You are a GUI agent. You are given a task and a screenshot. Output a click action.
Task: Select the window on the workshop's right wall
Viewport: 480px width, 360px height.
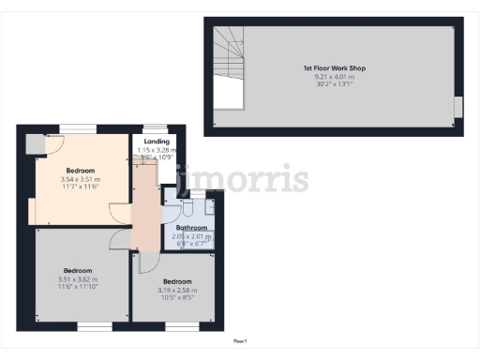[458, 108]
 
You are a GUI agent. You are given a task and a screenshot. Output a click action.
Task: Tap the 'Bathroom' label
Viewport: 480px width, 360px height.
[191, 228]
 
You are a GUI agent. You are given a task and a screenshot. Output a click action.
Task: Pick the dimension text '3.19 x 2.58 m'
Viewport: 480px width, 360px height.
[177, 291]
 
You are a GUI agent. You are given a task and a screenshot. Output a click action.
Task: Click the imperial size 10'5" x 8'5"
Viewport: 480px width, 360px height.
[177, 299]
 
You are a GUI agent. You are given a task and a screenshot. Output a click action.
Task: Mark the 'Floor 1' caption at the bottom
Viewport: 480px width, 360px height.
[240, 340]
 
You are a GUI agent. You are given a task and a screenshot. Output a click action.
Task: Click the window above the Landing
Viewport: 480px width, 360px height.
[156, 128]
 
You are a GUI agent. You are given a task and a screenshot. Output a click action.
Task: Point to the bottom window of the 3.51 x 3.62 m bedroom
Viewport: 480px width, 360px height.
[92, 327]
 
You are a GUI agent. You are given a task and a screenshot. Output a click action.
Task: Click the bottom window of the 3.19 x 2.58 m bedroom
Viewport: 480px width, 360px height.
[182, 327]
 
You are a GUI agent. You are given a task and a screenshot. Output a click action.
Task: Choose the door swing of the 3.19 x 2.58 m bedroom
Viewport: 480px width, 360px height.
[145, 262]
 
